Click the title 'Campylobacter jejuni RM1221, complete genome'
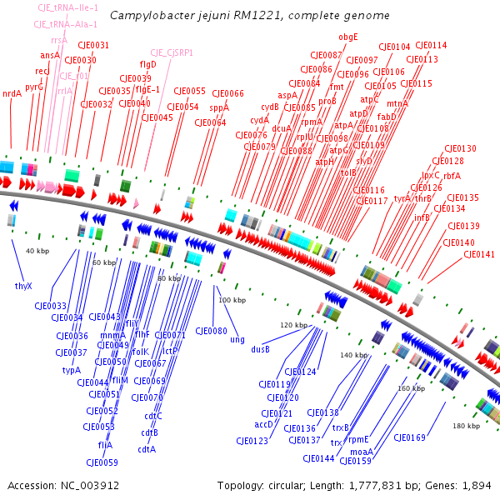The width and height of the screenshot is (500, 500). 249,15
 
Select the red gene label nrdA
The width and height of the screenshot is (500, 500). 12,93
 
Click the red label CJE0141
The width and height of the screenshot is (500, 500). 478,254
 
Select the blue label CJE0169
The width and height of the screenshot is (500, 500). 409,437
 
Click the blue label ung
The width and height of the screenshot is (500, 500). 237,340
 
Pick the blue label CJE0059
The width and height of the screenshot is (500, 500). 102,462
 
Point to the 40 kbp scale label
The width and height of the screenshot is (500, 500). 37,251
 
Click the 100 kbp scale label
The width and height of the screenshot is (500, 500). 232,299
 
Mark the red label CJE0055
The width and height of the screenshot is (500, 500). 188,91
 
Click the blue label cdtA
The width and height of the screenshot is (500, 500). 147,449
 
